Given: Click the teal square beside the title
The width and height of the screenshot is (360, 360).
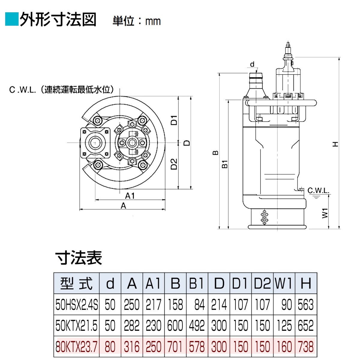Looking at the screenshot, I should click(12, 19).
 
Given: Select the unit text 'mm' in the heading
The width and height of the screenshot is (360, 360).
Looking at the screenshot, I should click(153, 22).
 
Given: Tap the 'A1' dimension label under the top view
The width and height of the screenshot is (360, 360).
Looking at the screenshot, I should click(130, 196).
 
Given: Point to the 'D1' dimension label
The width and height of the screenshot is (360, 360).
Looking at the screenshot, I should click(174, 120).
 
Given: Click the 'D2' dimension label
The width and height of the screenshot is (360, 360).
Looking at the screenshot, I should click(174, 164).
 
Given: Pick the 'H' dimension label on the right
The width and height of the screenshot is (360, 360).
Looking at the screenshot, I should click(335, 144).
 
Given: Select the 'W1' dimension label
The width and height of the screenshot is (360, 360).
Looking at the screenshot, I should click(325, 213).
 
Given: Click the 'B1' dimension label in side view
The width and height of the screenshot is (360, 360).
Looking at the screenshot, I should click(225, 164).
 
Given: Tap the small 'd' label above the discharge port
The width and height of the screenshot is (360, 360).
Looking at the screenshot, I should click(252, 64).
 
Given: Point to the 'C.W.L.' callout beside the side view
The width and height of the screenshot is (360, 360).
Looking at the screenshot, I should click(318, 190).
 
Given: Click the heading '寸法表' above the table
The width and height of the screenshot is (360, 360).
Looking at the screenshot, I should click(79, 258).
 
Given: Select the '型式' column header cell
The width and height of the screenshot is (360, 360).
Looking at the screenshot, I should click(76, 283).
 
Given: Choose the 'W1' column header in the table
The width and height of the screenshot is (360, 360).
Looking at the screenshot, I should click(284, 283).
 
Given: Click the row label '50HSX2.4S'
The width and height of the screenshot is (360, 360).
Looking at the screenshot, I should click(76, 305).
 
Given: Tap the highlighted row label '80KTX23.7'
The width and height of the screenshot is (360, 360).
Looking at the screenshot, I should click(76, 347).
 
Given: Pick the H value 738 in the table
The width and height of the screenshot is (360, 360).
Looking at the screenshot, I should click(306, 347).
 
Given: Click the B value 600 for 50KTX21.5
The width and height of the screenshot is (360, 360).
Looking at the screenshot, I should click(175, 326).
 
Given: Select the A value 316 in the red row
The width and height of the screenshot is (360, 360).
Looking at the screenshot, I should click(132, 347).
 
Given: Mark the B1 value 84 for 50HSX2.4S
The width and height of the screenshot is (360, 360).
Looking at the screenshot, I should click(199, 305).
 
